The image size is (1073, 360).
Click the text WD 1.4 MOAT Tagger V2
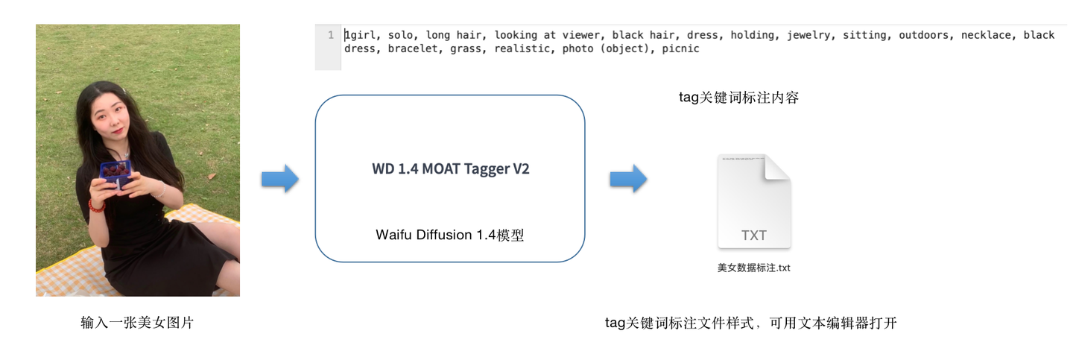450,168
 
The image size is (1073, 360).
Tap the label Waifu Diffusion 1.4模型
450,236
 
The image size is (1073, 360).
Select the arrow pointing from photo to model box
279,180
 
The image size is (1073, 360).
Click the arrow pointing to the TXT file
628,180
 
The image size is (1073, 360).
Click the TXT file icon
753,202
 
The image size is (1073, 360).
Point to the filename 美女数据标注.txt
753,268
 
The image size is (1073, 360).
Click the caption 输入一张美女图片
137,323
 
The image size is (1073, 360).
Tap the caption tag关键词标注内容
738,98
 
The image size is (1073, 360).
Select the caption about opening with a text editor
750,323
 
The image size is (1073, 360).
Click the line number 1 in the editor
330,35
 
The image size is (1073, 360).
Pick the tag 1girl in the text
360,35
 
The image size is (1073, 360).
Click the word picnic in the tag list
681,49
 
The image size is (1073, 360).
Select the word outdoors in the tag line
923,35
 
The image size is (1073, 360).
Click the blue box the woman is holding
115,175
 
